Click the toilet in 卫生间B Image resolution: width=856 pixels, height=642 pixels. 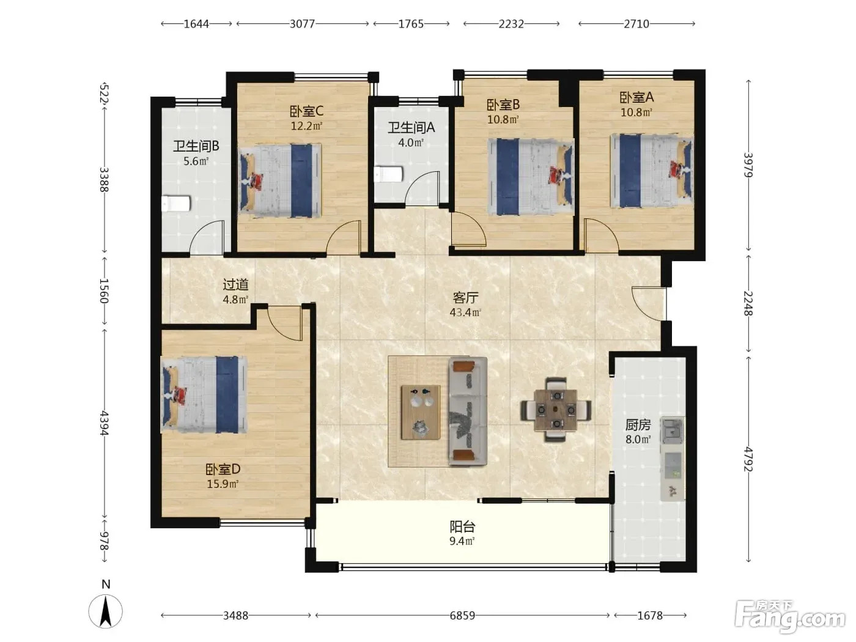click(x=176, y=203)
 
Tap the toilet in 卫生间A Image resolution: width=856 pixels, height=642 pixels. click(x=388, y=174)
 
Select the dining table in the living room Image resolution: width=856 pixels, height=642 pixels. click(x=555, y=410)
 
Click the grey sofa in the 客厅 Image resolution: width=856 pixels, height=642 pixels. click(x=468, y=411)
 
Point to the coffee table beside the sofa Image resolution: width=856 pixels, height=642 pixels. click(x=421, y=412)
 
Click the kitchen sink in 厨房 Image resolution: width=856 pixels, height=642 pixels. click(x=672, y=430)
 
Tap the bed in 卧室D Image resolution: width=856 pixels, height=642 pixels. click(x=204, y=394)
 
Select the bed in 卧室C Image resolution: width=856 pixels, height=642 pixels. click(x=280, y=181)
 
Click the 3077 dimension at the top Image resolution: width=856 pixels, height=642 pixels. click(x=302, y=24)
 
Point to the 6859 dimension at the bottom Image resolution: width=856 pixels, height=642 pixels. click(x=462, y=616)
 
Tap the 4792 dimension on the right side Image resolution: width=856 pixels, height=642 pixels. click(x=748, y=459)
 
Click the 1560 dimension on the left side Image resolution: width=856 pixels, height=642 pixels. click(x=104, y=291)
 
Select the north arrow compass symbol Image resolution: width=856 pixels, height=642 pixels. click(x=106, y=611)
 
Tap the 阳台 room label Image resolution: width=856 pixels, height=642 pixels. click(x=462, y=526)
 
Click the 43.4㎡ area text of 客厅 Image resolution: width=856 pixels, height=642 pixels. click(x=465, y=312)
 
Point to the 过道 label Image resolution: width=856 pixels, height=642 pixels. click(x=235, y=284)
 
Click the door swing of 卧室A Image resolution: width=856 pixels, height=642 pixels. click(x=601, y=234)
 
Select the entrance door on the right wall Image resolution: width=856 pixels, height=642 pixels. click(x=649, y=304)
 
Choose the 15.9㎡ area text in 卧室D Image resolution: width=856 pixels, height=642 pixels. click(x=223, y=484)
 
